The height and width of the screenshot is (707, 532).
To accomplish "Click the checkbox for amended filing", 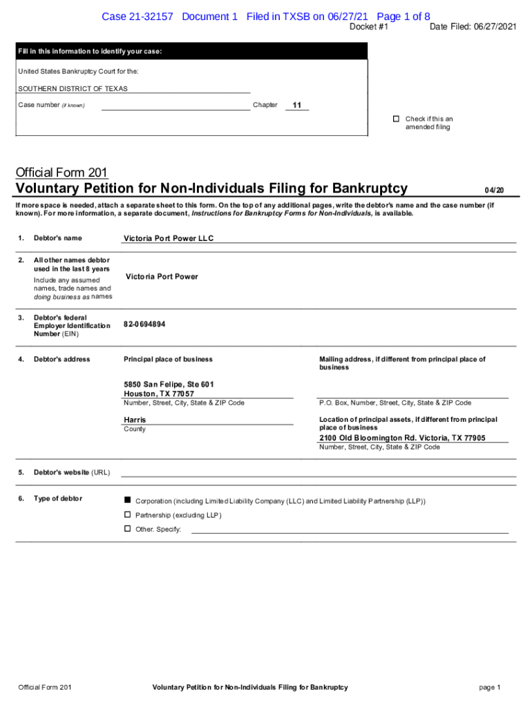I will pos(397,119).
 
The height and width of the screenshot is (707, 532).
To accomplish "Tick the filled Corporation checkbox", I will pos(127,499).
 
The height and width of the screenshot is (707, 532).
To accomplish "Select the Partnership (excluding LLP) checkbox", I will pos(127,514).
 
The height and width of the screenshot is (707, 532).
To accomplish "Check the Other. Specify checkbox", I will pos(127,528).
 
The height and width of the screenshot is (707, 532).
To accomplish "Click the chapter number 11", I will pos(297,106).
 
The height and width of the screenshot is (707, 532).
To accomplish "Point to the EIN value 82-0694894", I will pos(144,324).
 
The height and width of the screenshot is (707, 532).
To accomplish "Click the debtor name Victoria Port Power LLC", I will pos(169,238).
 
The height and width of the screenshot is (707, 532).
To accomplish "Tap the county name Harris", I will pos(135,420).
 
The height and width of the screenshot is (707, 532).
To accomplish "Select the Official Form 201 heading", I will pos(61,173).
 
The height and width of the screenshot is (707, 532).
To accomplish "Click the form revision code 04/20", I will pos(494,190).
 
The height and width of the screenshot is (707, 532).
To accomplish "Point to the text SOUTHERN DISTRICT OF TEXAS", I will pos(73,88).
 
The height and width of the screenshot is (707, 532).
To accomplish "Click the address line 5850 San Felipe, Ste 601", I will pos(169,384).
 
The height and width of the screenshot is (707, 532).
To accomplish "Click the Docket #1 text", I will pos(369,27).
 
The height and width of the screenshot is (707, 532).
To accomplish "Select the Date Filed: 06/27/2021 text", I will pos(473,27).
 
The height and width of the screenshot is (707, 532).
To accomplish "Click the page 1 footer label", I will pos(489,687).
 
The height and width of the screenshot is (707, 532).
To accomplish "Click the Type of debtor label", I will pos(57,498).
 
